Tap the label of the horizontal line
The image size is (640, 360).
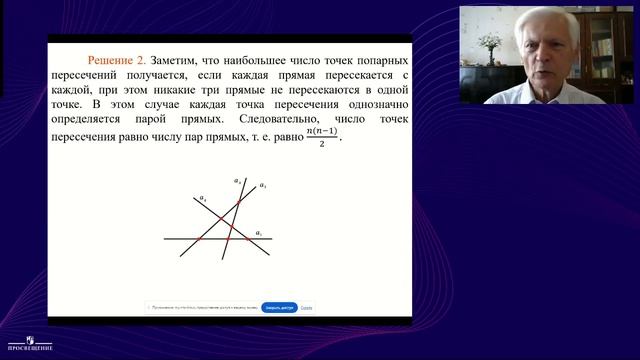(x=259, y=233)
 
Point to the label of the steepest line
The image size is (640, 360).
(x=237, y=181)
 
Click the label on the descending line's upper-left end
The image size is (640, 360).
(x=204, y=198)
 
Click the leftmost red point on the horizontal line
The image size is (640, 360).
(x=198, y=240)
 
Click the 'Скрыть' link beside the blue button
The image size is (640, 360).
(x=306, y=308)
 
